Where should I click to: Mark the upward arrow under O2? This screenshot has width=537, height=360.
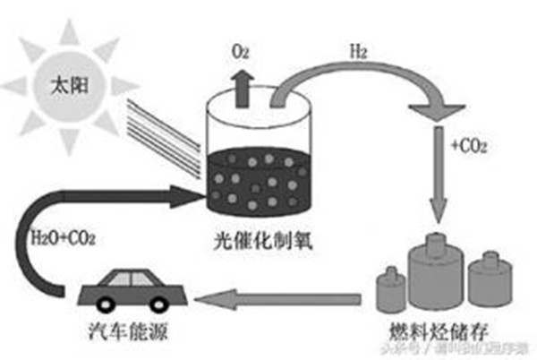[x=241, y=85]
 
